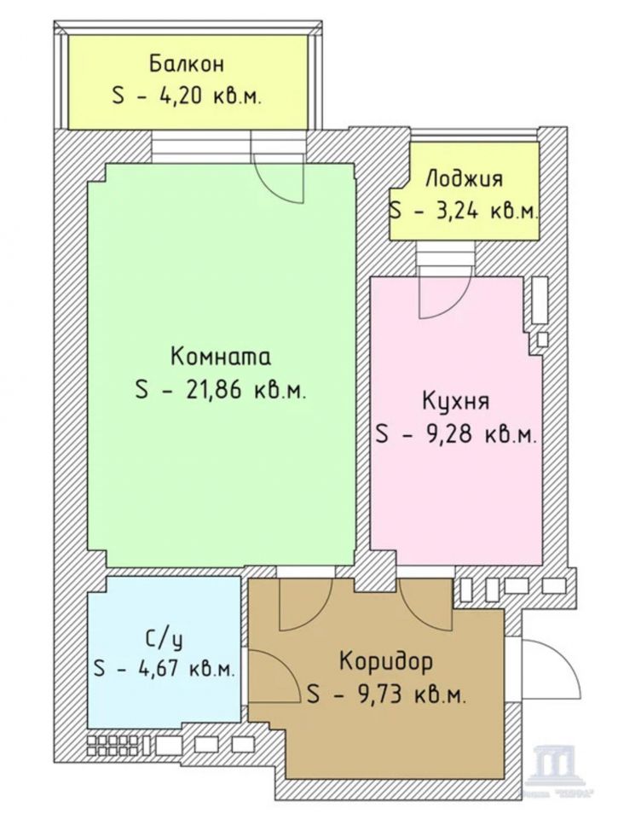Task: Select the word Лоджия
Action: coord(464,179)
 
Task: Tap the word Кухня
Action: coord(455,401)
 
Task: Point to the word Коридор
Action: coord(385,661)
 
